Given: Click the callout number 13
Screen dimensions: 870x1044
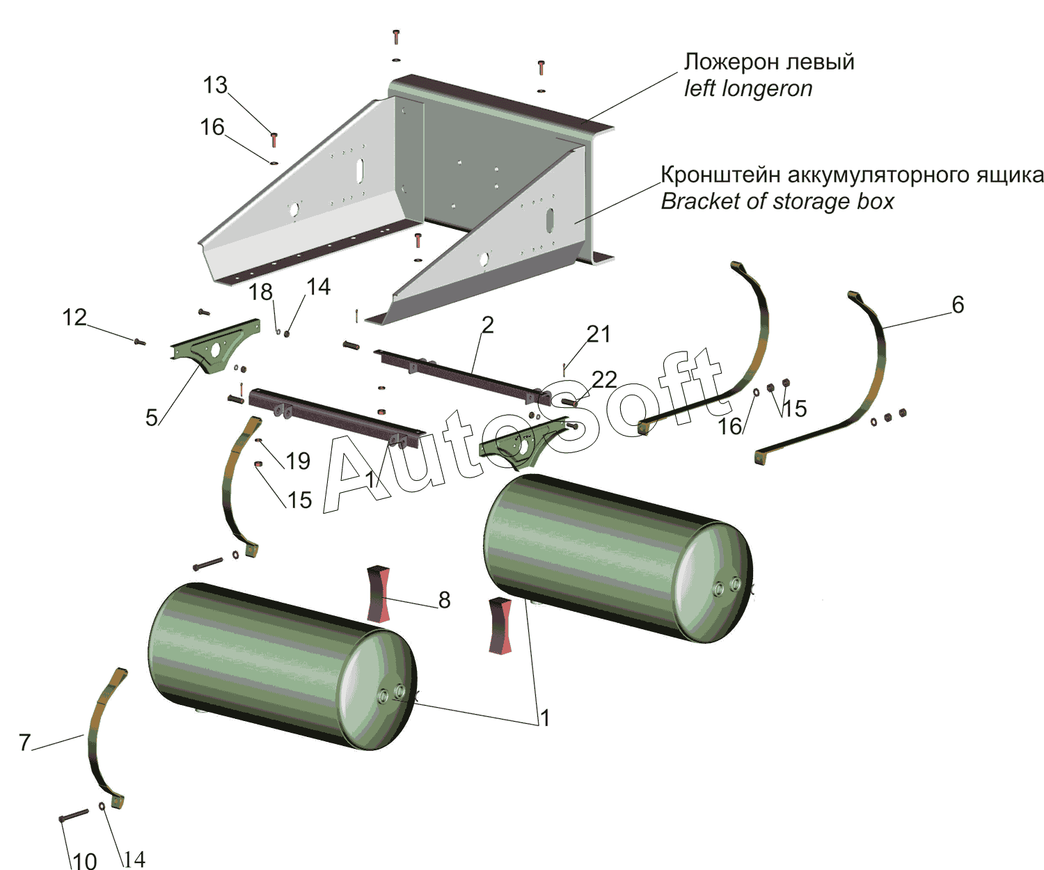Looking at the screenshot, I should click(x=215, y=85).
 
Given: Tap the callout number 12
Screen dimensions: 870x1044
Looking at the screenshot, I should click(x=74, y=317).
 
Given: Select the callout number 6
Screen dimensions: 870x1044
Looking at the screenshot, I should click(x=958, y=304).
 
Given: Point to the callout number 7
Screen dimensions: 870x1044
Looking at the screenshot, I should click(x=24, y=743).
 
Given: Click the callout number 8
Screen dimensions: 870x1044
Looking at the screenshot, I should click(x=444, y=599).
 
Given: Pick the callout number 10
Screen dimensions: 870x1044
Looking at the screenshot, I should click(x=84, y=860).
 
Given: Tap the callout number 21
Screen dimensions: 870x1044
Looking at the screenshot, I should click(x=599, y=334).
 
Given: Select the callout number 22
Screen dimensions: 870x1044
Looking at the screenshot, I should click(x=604, y=379).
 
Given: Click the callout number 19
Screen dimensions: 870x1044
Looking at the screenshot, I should click(x=298, y=460).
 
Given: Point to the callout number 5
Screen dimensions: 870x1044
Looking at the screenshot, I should click(x=152, y=417).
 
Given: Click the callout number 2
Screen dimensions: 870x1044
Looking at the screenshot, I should click(x=487, y=324).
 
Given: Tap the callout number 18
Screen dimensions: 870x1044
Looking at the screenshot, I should click(x=261, y=292).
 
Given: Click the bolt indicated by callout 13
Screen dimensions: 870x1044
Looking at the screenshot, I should click(x=274, y=139).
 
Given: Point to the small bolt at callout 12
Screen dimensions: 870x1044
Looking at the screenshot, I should click(x=139, y=341).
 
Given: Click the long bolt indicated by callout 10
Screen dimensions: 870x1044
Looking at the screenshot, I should click(x=74, y=815).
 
